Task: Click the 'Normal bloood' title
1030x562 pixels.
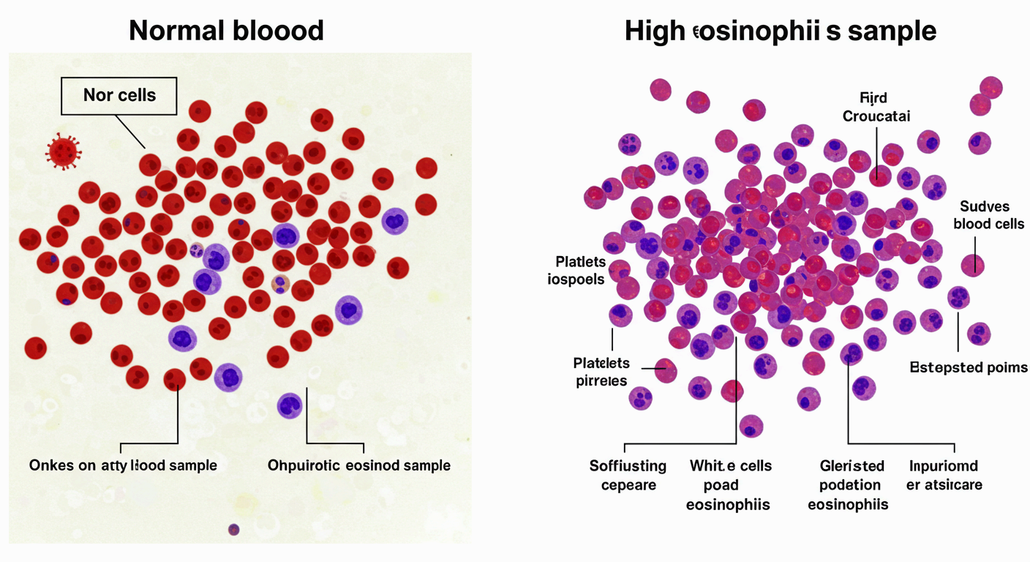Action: click(226, 31)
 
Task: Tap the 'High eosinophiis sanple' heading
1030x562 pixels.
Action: click(781, 31)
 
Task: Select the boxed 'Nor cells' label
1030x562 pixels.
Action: click(119, 95)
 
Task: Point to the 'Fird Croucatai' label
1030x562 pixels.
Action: click(876, 106)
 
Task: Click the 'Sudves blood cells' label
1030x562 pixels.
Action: click(988, 214)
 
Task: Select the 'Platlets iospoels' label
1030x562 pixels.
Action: click(580, 269)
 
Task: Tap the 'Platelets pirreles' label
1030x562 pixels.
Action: click(601, 371)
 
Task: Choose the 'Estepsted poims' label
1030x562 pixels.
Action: click(968, 367)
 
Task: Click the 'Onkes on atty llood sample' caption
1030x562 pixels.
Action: click(123, 465)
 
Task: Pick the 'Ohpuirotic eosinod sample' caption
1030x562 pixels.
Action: click(358, 465)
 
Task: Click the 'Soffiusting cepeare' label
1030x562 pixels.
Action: click(628, 475)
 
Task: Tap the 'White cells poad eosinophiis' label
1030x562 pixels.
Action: click(729, 484)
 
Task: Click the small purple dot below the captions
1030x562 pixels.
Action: click(234, 528)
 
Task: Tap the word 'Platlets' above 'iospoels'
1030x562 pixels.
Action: click(582, 261)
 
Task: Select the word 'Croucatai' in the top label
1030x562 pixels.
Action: click(876, 116)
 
